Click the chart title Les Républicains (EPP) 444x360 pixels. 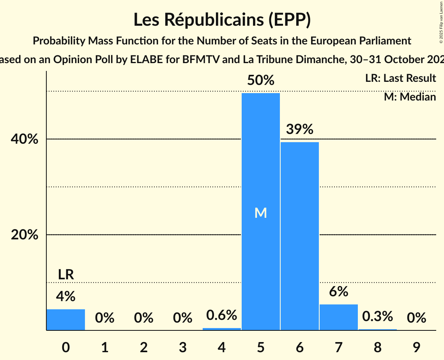(222, 20)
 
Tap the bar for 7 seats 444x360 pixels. (338, 317)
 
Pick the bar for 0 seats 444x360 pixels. (66, 319)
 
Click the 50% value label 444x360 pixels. (260, 81)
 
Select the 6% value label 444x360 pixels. (338, 292)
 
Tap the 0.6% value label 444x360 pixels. (221, 315)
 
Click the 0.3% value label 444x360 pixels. (377, 316)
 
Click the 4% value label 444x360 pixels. (65, 297)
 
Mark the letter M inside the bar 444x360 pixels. (260, 213)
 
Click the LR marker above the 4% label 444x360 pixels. (66, 275)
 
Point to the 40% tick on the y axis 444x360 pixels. (27, 139)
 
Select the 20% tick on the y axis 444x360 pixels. (27, 235)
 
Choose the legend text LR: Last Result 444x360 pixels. (400, 78)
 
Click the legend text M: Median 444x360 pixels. (410, 97)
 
